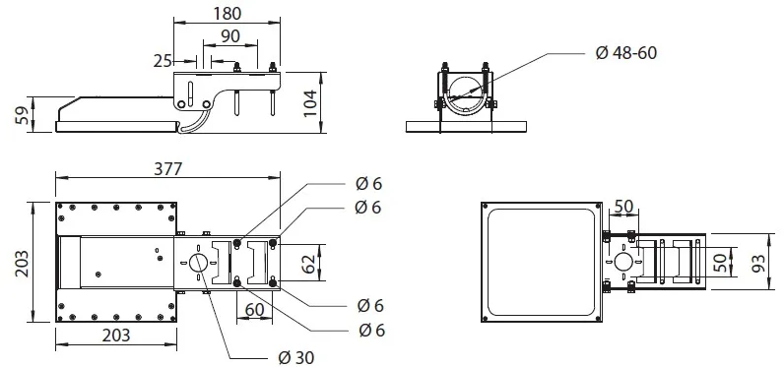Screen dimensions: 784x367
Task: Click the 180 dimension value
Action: click(228, 14)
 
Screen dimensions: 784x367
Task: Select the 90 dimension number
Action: click(229, 36)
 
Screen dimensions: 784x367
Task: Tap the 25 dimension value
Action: click(163, 61)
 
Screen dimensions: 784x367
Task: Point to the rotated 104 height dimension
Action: click(310, 103)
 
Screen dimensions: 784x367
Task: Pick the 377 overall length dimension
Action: click(168, 169)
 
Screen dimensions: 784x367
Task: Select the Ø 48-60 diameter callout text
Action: click(626, 53)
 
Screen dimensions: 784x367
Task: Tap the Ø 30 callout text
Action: click(296, 357)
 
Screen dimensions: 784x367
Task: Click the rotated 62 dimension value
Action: click(308, 263)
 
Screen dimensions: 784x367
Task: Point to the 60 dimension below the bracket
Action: click(254, 310)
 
